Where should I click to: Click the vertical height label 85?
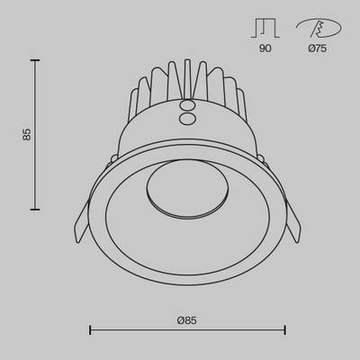(28, 134)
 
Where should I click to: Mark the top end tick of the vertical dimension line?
(35, 60)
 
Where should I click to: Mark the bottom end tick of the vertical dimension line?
(35, 207)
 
